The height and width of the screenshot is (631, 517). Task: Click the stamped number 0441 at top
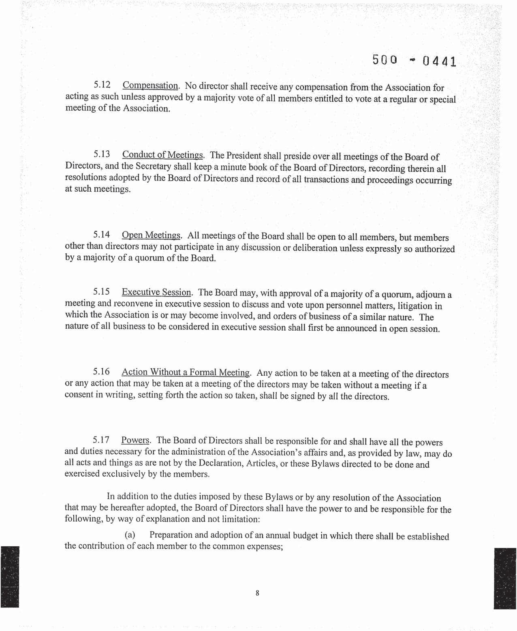(439, 62)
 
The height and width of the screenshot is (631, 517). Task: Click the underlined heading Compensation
(150, 86)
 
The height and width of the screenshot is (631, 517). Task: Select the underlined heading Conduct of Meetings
(162, 155)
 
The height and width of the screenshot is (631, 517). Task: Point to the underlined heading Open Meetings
(151, 235)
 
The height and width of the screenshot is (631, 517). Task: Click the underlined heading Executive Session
(156, 292)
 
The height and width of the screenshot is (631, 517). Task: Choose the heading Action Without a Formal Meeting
(186, 372)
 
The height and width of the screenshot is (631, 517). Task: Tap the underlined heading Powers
(135, 440)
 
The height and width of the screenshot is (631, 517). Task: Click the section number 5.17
(101, 440)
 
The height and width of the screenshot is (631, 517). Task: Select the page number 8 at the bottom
(257, 593)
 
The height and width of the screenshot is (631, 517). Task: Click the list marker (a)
(130, 535)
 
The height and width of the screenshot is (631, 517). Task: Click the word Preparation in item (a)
(173, 535)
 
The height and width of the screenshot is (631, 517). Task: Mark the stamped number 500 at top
(384, 60)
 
